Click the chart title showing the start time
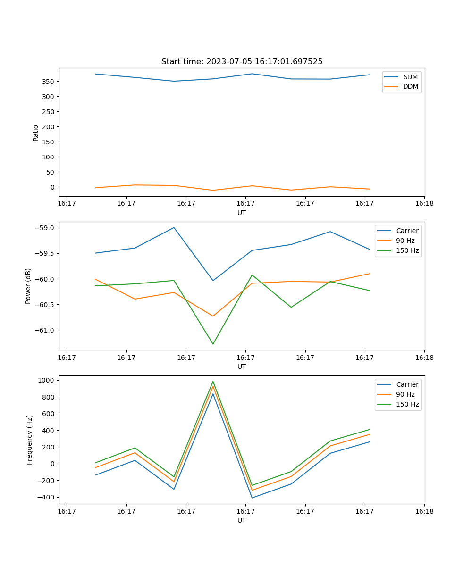click(242, 62)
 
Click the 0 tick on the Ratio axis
click(52, 187)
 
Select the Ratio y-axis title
click(36, 133)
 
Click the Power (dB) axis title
click(28, 286)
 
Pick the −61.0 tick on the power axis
click(45, 330)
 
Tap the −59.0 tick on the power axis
click(45, 228)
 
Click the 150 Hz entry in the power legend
click(407, 250)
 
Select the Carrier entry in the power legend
click(407, 231)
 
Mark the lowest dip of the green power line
click(213, 344)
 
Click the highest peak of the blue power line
click(174, 227)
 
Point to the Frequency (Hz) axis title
click(29, 440)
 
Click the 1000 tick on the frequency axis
click(46, 380)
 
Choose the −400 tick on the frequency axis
click(46, 497)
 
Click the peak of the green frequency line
click(213, 382)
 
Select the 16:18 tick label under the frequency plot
click(424, 511)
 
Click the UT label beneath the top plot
click(242, 213)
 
